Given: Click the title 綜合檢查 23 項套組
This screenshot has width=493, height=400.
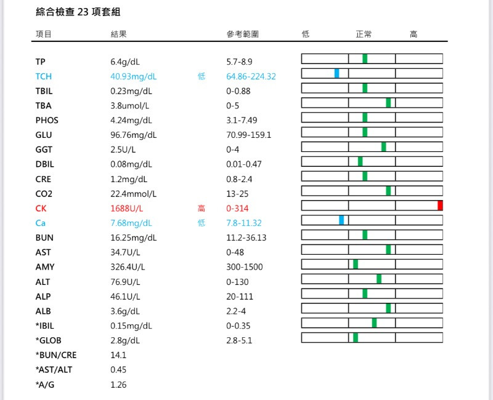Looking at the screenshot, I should click(78, 12).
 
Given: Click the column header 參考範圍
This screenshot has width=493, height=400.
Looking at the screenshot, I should click(242, 34).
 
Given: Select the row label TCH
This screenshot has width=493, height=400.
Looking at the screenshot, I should click(44, 76).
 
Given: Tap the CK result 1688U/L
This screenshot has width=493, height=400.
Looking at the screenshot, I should click(126, 209).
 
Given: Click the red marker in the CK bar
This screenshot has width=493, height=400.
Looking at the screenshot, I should click(440, 206).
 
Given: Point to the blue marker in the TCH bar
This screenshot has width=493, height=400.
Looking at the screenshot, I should click(337, 73).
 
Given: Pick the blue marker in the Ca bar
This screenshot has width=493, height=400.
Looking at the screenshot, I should click(341, 220).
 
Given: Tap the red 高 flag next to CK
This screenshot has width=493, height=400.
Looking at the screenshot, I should click(201, 209).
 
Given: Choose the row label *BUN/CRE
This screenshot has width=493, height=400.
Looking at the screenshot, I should click(56, 355).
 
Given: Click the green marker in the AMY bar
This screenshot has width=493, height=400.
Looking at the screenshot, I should click(356, 264).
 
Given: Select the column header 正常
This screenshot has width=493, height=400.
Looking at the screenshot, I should click(364, 34).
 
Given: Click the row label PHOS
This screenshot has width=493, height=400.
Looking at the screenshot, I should click(47, 121).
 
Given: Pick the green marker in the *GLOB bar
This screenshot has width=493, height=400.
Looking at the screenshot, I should click(356, 337).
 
